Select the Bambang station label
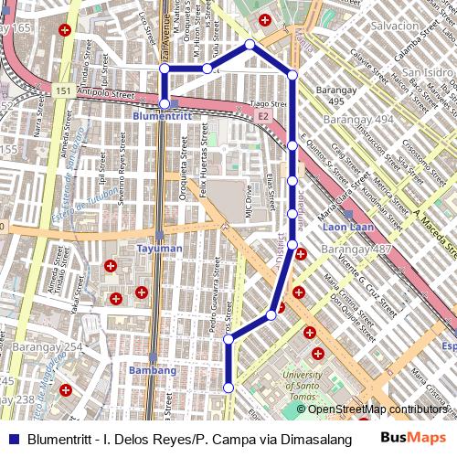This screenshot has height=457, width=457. click(153, 370)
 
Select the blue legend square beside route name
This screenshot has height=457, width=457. click(13, 439)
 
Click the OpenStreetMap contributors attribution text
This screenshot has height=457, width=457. click(377, 409)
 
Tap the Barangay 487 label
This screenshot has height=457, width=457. click(356, 250)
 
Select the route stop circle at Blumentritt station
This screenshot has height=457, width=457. click(164, 103)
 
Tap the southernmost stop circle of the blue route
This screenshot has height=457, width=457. click(228, 388)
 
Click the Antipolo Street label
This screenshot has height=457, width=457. click(105, 94)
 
